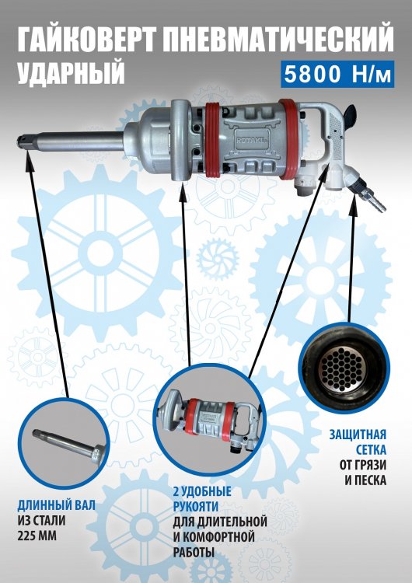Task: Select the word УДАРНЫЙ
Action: [71, 72]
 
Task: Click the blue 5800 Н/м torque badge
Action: [337, 74]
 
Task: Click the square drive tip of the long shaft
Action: [23, 141]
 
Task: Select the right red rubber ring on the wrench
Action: [288, 138]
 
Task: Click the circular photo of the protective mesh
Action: [344, 368]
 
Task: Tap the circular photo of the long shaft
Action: [69, 442]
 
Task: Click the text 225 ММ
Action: [37, 536]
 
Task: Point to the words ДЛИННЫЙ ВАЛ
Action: [57, 505]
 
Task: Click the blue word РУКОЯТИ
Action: [195, 507]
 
